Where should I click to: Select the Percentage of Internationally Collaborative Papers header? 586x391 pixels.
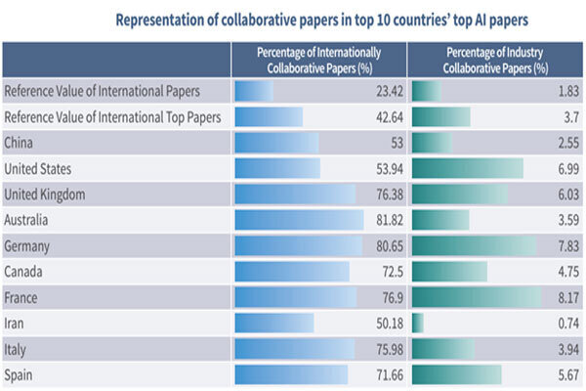(x=318, y=60)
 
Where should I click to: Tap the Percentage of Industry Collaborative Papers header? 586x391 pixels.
(x=495, y=60)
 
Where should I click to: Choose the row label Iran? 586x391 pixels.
(x=16, y=323)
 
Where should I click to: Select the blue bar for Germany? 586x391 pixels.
(x=298, y=245)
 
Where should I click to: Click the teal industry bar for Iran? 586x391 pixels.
(x=418, y=323)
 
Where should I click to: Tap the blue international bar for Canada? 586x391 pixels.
(x=292, y=271)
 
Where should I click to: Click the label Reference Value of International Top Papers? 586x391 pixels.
(x=111, y=117)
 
